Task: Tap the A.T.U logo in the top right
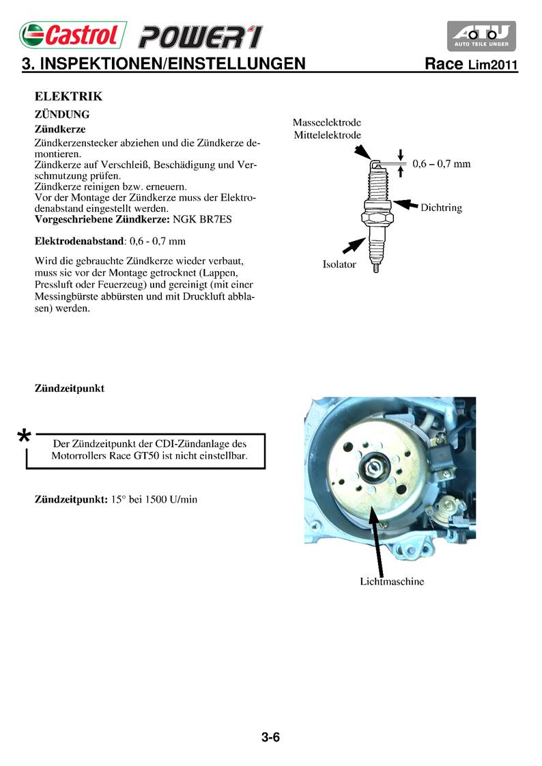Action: pos(481,36)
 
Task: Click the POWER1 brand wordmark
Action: pos(199,37)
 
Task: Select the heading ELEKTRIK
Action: pos(68,97)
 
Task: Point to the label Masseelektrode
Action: pos(327,123)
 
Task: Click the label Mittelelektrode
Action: pos(327,135)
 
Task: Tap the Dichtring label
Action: pos(442,208)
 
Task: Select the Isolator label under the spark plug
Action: pos(339,264)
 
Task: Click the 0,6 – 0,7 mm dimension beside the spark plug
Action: pos(442,164)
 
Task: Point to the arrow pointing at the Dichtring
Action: pos(407,203)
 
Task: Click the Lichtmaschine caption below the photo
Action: pos(392,582)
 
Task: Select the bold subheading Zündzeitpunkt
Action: pos(70,388)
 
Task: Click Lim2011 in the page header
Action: pos(493,66)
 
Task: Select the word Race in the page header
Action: pos(445,65)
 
